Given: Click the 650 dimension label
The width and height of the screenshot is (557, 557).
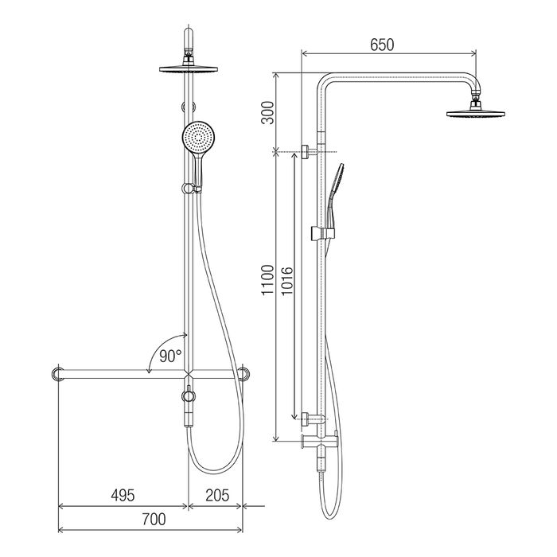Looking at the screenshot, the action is (382, 45).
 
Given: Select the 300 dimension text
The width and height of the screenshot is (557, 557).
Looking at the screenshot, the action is (268, 113).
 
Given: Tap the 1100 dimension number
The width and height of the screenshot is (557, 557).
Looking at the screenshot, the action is (268, 279).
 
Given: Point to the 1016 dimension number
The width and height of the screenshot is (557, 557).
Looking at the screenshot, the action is (286, 281).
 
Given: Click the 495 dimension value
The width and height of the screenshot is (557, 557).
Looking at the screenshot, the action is (123, 495).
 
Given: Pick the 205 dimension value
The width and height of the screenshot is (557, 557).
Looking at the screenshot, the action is (217, 495).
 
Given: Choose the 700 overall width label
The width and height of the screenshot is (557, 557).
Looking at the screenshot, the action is (154, 519).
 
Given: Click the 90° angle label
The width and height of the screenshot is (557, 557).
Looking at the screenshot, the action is (170, 356).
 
